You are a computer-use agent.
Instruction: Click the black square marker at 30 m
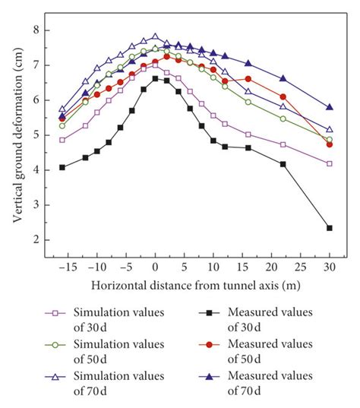tap(329, 228)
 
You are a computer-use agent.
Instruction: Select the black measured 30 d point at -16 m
tap(62, 167)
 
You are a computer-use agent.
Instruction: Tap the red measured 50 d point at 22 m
tap(283, 96)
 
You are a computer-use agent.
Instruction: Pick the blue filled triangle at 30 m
tap(329, 107)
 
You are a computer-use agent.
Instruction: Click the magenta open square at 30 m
tap(329, 163)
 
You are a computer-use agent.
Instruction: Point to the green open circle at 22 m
tap(283, 119)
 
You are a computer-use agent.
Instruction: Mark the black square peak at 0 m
tap(155, 78)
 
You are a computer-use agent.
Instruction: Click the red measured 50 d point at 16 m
tap(248, 78)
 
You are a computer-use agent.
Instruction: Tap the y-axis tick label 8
tap(36, 30)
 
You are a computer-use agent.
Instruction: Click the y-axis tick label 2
tap(36, 240)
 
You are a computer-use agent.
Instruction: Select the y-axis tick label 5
tap(36, 134)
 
